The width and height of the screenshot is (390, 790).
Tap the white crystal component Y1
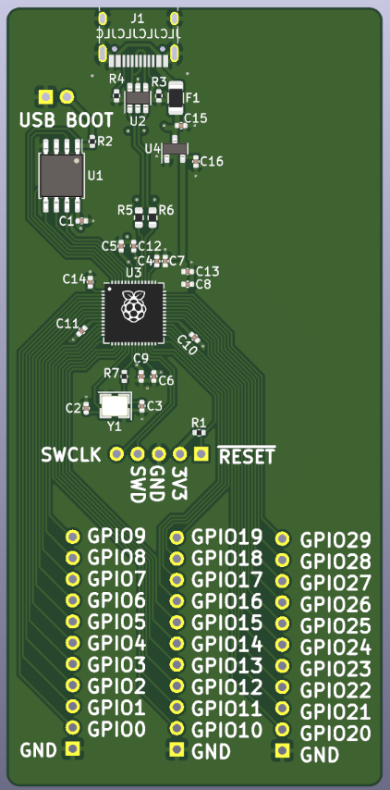pos(116,404)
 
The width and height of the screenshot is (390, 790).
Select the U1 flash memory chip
pos(61,174)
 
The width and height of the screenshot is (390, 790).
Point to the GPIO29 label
pos(336,540)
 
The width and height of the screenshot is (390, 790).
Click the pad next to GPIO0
pos(73,729)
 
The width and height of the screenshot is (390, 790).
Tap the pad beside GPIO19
pos(177,537)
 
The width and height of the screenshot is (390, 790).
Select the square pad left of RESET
pos(201,453)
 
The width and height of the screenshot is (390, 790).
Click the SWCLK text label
pos(70,454)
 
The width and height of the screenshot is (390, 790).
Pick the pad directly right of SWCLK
pos(116,453)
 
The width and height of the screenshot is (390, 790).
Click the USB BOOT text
pos(67,120)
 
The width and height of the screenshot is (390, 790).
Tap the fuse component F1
pos(176,94)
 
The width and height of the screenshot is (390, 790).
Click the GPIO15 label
pos(226,622)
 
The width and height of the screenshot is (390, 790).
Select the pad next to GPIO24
pos(283,646)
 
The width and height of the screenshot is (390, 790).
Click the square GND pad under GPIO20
pos(283,752)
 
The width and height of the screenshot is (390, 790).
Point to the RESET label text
pos(246,455)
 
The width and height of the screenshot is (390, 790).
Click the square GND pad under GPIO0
pos(73,749)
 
